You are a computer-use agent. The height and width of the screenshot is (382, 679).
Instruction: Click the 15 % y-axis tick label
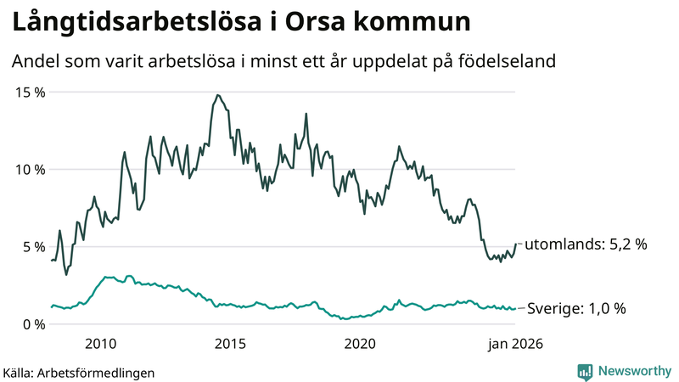pos(28,92)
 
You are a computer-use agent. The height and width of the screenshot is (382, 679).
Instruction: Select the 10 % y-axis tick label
pos(28,169)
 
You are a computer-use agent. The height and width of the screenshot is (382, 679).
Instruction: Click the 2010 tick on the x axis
pos(101,344)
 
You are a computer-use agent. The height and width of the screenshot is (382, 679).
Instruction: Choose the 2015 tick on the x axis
pos(230,344)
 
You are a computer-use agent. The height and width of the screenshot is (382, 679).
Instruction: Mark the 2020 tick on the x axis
pos(360,344)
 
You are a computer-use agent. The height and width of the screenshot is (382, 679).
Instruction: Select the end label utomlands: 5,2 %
pos(586,244)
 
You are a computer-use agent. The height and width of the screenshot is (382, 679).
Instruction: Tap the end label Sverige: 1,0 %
pos(576,309)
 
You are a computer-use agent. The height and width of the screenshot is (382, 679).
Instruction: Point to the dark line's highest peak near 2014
pos(217,95)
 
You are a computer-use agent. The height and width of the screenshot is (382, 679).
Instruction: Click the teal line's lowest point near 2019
pos(344,319)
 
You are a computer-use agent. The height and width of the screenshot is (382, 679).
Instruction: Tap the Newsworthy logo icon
pos(585,371)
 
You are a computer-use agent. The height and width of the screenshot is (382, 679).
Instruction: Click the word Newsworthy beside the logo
pos(632,371)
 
